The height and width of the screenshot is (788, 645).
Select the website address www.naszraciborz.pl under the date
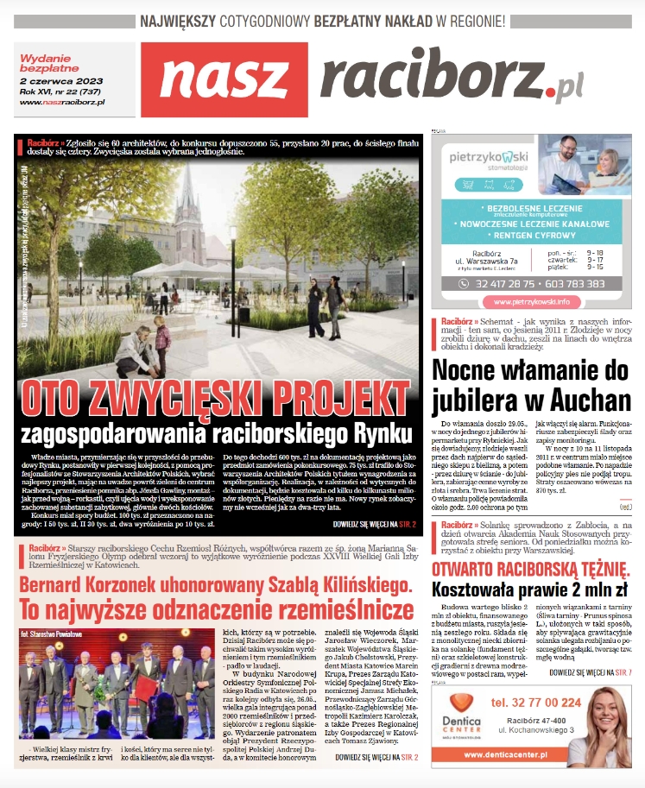(x=61, y=102)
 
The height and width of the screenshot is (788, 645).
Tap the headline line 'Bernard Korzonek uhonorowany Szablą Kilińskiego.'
(x=216, y=587)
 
